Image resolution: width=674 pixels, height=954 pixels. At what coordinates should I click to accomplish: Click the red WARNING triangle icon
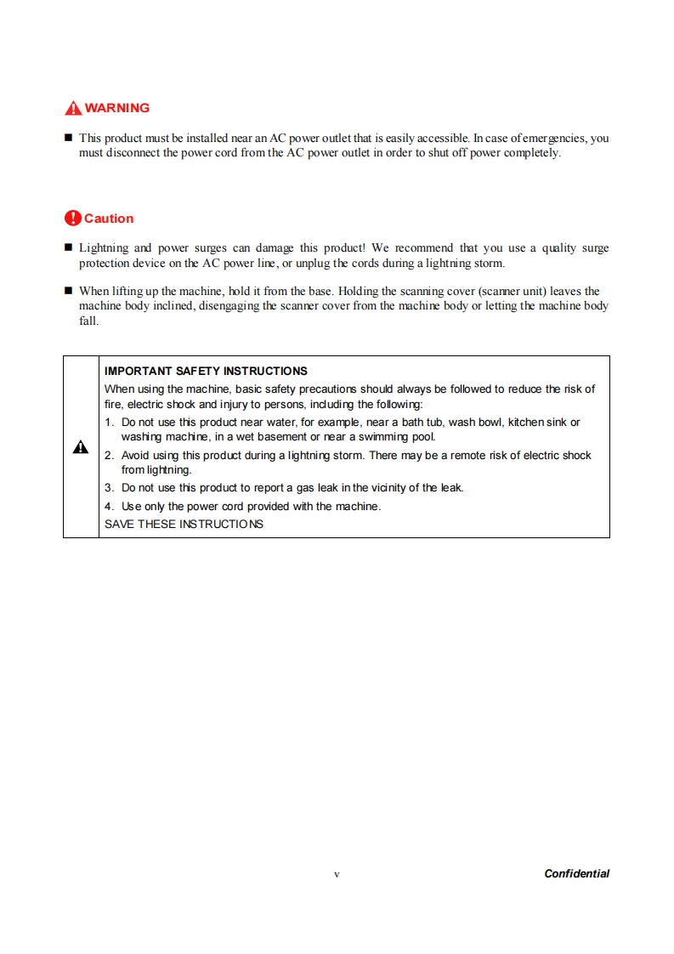coord(73,108)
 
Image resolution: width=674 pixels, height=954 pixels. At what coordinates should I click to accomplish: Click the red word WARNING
coord(117,108)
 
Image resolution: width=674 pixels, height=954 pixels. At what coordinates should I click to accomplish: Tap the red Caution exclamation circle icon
coord(73,219)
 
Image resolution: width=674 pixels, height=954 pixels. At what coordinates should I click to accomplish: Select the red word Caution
coord(109,219)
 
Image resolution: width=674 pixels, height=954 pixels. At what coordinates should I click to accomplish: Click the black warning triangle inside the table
coord(81,447)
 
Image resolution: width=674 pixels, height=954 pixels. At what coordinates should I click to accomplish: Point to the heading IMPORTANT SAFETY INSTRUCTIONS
coord(206,372)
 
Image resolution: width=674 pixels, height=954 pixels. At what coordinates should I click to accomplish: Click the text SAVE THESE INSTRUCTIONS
coord(184,524)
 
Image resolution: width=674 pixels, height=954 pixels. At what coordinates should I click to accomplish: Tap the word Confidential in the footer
coord(576,873)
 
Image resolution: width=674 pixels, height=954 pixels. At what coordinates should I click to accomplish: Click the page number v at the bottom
coord(337,874)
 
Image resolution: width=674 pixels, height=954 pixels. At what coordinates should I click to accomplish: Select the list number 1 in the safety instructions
coord(109,423)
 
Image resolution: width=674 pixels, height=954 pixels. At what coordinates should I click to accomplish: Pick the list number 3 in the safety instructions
coord(109,488)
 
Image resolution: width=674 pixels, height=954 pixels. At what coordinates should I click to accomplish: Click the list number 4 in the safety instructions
coord(109,507)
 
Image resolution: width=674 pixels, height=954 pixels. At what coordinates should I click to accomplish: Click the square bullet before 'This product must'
coord(68,138)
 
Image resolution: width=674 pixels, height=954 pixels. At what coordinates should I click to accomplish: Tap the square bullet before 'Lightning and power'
coord(68,248)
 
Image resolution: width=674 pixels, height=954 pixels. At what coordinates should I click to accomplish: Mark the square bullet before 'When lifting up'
coord(68,292)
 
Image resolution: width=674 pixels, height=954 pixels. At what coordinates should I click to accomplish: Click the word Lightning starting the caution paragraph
coord(104,248)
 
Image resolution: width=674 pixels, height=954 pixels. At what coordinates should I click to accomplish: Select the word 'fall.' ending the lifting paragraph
coord(88,321)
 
